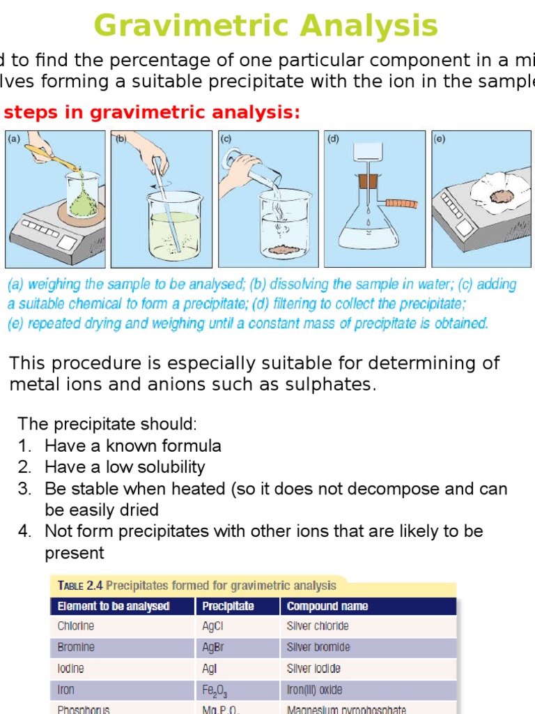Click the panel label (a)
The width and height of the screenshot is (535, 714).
(x=14, y=139)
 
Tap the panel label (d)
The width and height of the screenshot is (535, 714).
(x=334, y=139)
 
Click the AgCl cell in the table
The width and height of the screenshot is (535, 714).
(x=212, y=626)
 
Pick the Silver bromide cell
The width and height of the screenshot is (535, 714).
(x=318, y=647)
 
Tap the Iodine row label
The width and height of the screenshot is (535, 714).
(x=70, y=668)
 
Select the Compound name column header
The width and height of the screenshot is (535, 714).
(x=327, y=606)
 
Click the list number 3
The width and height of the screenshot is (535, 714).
(x=24, y=489)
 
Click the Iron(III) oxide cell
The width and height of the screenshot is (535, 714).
(x=314, y=690)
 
